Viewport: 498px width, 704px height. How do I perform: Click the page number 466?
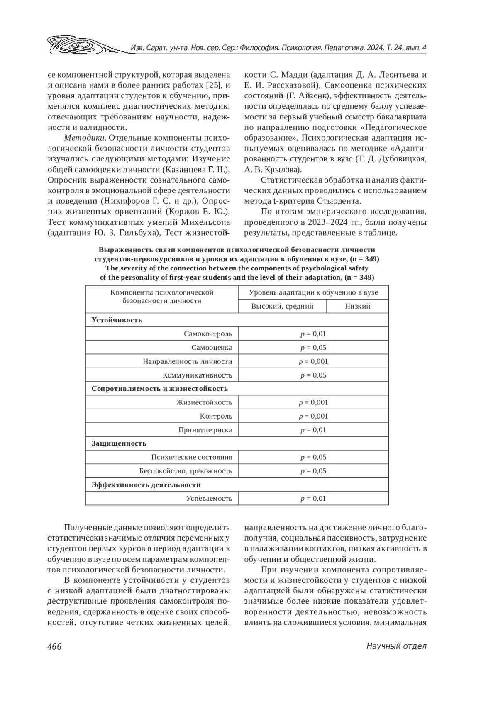pyautogui.click(x=54, y=646)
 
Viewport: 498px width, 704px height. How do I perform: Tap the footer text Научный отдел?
pyautogui.click(x=396, y=646)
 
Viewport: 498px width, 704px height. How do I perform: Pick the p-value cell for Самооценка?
pyautogui.click(x=313, y=348)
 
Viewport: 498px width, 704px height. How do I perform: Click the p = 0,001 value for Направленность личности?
pyautogui.click(x=313, y=361)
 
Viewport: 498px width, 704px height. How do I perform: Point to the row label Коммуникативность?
pyautogui.click(x=197, y=375)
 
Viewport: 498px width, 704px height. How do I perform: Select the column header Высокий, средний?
pyautogui.click(x=282, y=306)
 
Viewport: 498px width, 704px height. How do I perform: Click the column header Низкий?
pyautogui.click(x=357, y=306)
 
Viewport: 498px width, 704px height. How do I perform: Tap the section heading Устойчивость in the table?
pyautogui.click(x=117, y=320)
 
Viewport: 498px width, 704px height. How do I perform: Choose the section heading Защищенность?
pyautogui.click(x=119, y=443)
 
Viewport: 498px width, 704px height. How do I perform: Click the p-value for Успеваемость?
pyautogui.click(x=313, y=498)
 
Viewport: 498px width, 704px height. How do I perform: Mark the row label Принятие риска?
pyautogui.click(x=205, y=430)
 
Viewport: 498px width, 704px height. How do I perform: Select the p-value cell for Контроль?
pyautogui.click(x=313, y=416)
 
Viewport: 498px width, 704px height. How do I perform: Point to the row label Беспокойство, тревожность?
pyautogui.click(x=186, y=471)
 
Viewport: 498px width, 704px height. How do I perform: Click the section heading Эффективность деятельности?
pyautogui.click(x=146, y=485)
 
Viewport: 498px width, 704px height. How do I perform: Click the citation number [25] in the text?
pyautogui.click(x=213, y=86)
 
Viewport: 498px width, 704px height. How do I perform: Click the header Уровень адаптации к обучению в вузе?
pyautogui.click(x=313, y=292)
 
